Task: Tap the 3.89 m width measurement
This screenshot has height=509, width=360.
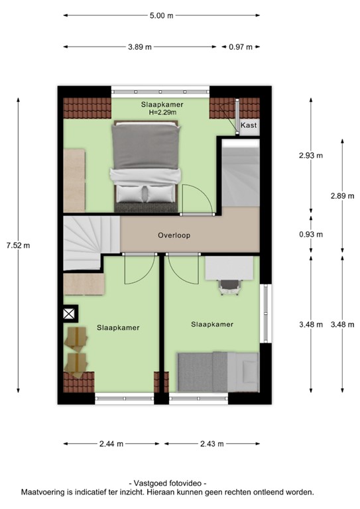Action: (139, 47)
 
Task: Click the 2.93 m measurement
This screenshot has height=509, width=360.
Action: (310, 156)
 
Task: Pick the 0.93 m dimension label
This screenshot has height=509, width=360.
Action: (310, 234)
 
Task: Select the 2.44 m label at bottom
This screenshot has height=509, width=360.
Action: (110, 444)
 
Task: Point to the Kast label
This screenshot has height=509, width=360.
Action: (249, 125)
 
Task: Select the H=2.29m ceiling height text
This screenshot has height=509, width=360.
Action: (162, 113)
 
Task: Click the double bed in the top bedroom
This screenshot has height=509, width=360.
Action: (146, 166)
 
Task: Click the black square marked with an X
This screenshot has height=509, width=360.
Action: (70, 313)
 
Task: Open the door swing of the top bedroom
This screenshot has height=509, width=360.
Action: (196, 201)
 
